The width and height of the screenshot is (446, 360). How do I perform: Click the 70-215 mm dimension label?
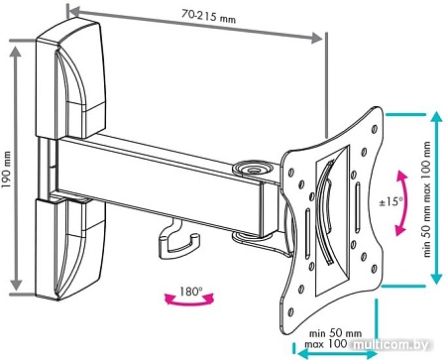pos(208,15)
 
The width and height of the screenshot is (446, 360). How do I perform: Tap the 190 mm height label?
pos(6,170)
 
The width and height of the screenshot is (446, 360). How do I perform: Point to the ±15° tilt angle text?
pos(391,201)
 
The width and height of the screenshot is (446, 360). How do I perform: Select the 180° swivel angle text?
pos(190,292)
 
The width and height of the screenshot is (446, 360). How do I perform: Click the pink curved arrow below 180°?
pos(189,301)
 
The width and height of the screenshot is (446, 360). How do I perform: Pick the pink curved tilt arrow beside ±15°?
pos(404,202)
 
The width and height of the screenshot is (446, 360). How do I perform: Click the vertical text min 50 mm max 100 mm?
pos(427,199)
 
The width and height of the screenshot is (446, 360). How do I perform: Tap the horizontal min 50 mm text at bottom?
pos(335,333)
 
